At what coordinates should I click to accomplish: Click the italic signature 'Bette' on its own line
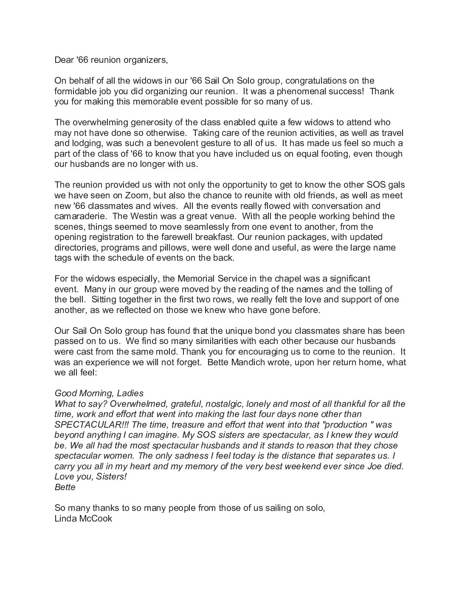pos(65,487)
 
